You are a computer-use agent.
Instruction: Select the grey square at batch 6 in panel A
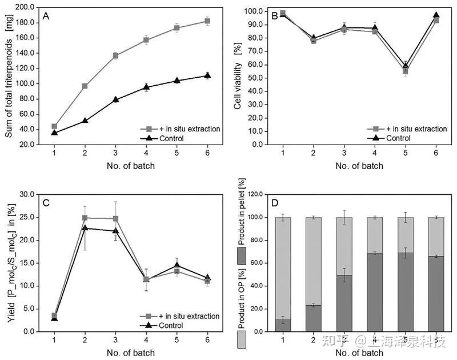pos(207,21)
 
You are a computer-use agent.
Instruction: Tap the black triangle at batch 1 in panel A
pos(54,133)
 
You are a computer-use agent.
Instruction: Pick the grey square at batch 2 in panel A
pos(85,86)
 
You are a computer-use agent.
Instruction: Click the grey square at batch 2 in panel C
pos(85,218)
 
